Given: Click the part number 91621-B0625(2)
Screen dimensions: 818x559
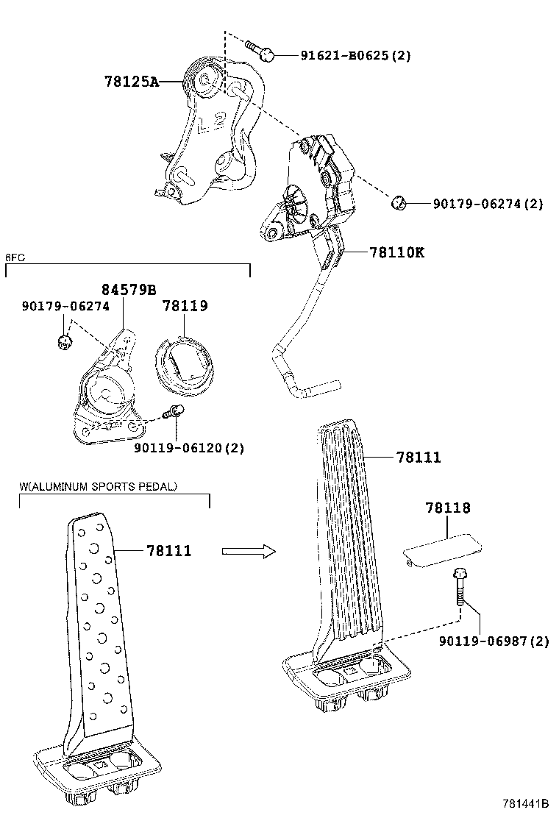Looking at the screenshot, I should click(355, 56).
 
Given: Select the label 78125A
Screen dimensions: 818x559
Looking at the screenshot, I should click(131, 82).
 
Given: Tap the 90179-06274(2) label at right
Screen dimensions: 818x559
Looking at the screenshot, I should click(487, 204).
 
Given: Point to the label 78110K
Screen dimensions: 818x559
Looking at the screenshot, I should click(396, 252).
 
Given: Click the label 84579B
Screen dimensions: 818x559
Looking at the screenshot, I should click(129, 289).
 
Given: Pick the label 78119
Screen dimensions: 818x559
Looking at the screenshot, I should click(184, 305).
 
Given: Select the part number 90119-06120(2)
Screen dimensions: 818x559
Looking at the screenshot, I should click(189, 447).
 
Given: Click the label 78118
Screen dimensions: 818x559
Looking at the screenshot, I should click(447, 508).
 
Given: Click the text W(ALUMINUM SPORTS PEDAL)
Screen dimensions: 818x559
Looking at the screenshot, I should click(99, 486).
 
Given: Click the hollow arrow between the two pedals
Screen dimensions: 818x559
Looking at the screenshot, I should click(248, 551).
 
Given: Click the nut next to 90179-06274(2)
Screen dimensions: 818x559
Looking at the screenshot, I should click(398, 202).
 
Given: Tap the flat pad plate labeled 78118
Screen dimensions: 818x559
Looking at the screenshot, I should click(441, 550).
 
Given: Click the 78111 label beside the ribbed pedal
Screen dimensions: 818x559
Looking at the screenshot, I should click(418, 458).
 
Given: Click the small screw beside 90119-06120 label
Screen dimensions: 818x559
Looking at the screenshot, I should click(175, 413).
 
